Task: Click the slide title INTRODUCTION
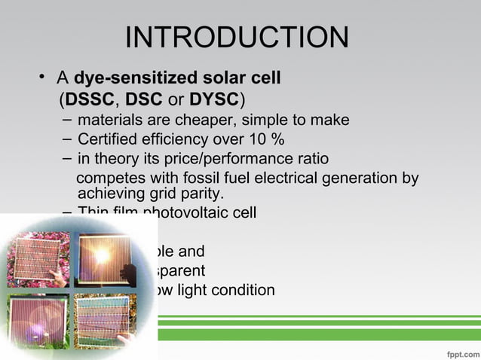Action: (x=236, y=38)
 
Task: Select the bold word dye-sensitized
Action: (x=133, y=78)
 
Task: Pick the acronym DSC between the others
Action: (x=142, y=99)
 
